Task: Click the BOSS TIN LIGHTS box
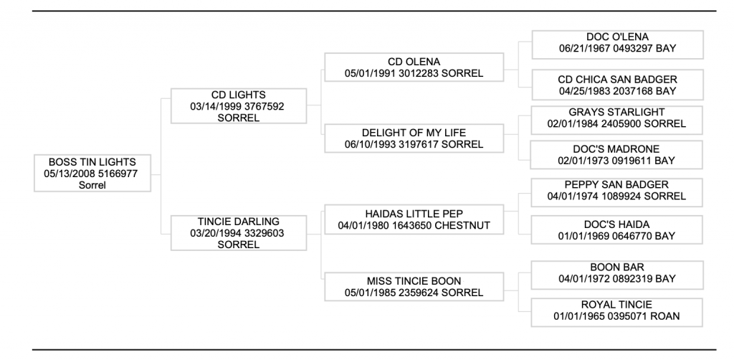pyautogui.click(x=92, y=174)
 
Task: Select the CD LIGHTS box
pyautogui.click(x=238, y=106)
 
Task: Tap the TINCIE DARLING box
pyautogui.click(x=238, y=232)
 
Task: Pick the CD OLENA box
pyautogui.click(x=414, y=67)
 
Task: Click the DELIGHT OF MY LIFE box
pyautogui.click(x=414, y=138)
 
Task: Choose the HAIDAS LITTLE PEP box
pyautogui.click(x=414, y=219)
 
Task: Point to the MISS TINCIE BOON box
pyautogui.click(x=414, y=287)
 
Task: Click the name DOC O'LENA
pyautogui.click(x=617, y=37)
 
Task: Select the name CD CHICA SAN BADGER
pyautogui.click(x=617, y=80)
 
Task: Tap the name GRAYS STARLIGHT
pyautogui.click(x=616, y=113)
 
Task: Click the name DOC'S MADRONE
pyautogui.click(x=616, y=149)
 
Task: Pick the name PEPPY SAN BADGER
pyautogui.click(x=616, y=185)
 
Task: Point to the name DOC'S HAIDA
pyautogui.click(x=616, y=224)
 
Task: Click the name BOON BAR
pyautogui.click(x=617, y=267)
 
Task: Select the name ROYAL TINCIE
pyautogui.click(x=616, y=305)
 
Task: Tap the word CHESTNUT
pyautogui.click(x=462, y=226)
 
